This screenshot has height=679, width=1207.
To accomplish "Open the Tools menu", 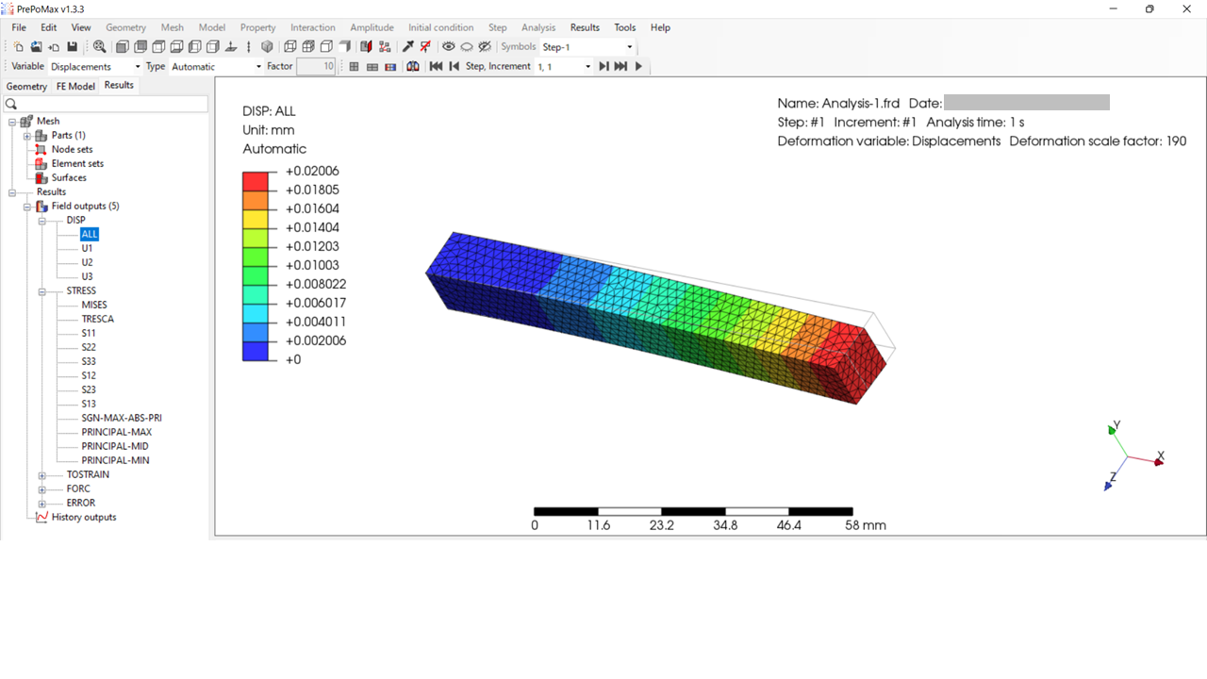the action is [x=624, y=27].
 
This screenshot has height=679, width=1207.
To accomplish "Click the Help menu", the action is [x=660, y=27].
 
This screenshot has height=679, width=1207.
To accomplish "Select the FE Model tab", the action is [x=75, y=86].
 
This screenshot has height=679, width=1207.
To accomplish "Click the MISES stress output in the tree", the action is [x=94, y=305].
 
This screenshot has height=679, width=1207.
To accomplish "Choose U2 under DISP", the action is [x=87, y=262].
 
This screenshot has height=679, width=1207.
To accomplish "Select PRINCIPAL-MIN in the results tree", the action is [x=115, y=460].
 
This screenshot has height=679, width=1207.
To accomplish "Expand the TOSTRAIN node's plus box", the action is [x=42, y=475].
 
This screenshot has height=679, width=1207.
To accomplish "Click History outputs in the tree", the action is [x=84, y=518].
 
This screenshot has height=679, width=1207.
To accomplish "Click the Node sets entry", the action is [x=72, y=149].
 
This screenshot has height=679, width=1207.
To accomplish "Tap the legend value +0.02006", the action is [x=312, y=171].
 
